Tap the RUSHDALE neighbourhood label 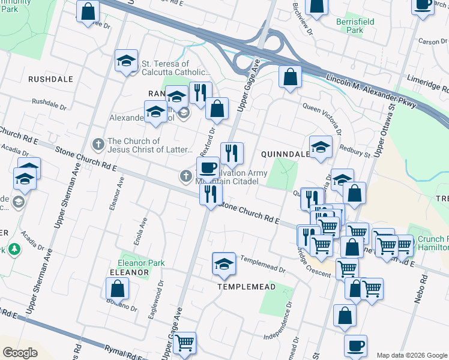tap(50, 79)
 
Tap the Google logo tap(20, 352)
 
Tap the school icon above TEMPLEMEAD tap(224, 263)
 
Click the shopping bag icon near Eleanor tap(118, 289)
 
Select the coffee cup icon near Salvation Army tap(208, 167)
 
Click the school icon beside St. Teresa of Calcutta tap(127, 60)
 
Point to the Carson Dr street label tap(430, 42)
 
